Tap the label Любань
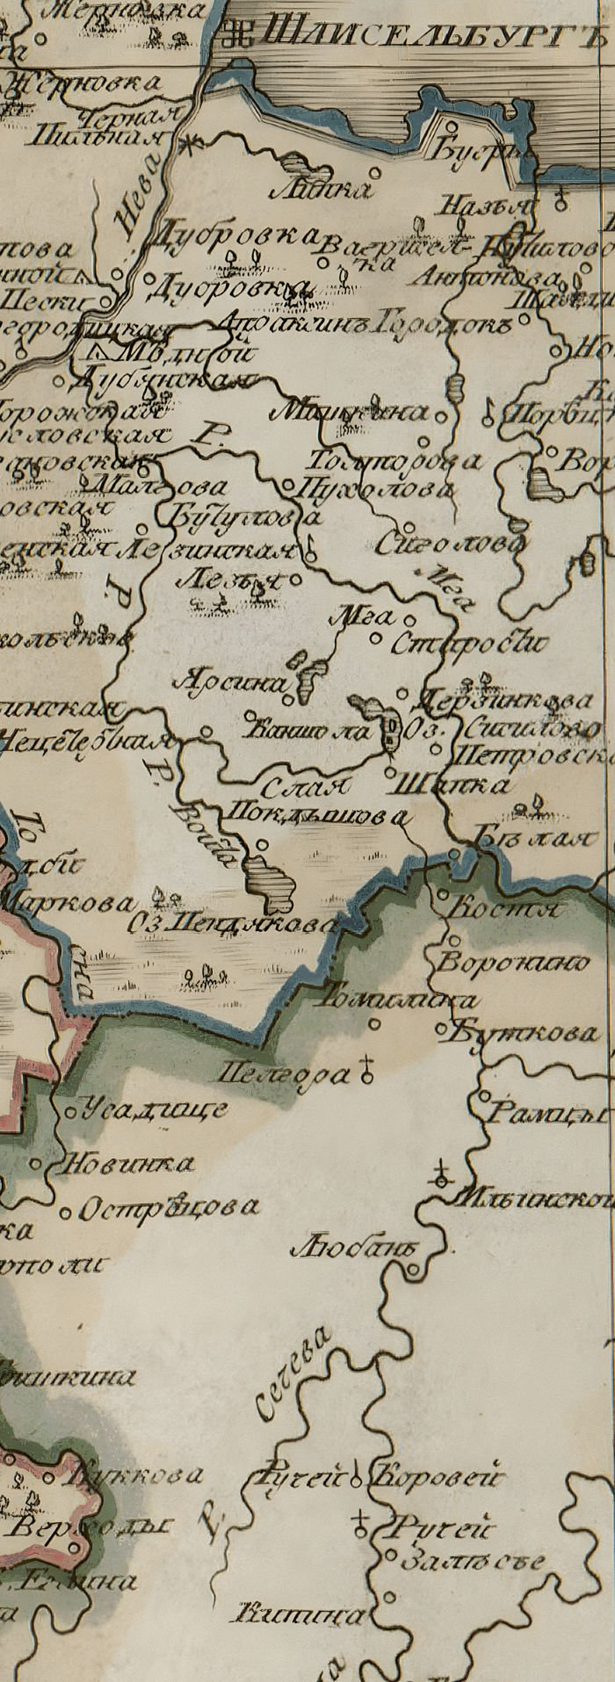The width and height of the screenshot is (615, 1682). pos(355,1248)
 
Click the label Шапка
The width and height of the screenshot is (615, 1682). pos(453,784)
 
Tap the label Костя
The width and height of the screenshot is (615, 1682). pos(504,909)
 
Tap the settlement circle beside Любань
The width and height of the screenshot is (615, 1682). pos(414,1268)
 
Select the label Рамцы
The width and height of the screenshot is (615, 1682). pos(546,1115)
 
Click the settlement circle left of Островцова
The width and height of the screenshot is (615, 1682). pos(64,1214)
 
